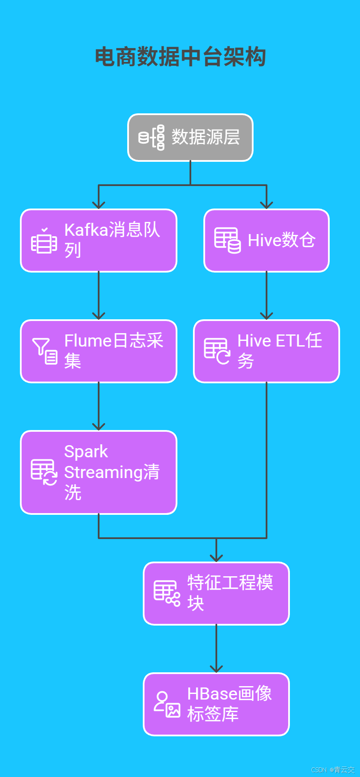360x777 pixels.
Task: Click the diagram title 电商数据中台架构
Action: (180, 57)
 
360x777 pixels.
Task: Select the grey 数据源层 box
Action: (190, 138)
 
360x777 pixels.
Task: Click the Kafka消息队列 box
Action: (99, 241)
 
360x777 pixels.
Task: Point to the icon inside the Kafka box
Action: (44, 241)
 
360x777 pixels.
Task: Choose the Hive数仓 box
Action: (267, 241)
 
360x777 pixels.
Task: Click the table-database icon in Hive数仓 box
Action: (228, 241)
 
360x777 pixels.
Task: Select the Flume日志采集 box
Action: (99, 351)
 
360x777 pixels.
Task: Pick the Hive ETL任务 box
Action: (267, 351)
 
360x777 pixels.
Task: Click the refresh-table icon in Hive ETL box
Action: (217, 351)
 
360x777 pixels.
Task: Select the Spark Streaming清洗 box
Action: (99, 472)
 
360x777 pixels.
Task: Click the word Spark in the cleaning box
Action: (86, 452)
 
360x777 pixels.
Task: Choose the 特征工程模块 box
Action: (216, 594)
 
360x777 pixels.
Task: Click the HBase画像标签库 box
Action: (216, 704)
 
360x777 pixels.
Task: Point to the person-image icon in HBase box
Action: (167, 704)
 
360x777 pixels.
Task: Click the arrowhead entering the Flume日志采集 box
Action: (99, 316)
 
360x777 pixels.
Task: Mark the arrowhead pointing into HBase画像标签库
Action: (216, 669)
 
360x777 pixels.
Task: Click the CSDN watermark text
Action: (333, 770)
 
